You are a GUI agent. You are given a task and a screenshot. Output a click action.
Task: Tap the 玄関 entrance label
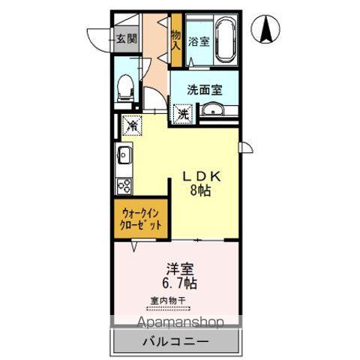click(x=126, y=39)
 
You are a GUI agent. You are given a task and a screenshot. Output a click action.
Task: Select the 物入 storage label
click(x=175, y=40)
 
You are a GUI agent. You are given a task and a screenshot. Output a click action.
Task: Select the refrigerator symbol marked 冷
click(x=131, y=125)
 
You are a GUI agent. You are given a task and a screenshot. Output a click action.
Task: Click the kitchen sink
click(x=124, y=157)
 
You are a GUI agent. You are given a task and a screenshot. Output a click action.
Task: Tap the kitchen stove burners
click(x=124, y=185)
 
